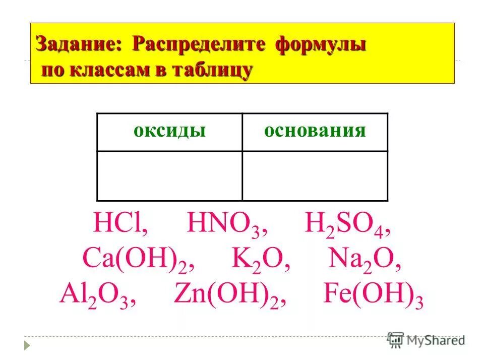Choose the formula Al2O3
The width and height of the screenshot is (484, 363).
[x=97, y=297]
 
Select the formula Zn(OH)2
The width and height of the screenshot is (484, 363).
[x=230, y=297]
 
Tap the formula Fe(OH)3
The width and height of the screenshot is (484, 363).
[x=372, y=297]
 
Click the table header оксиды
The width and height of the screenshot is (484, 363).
[x=169, y=131]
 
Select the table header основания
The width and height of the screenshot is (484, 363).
[x=315, y=131]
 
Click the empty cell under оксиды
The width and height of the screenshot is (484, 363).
[x=169, y=176]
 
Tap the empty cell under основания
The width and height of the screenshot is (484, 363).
[x=315, y=176]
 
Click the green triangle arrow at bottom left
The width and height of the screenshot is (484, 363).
[x=28, y=346]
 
